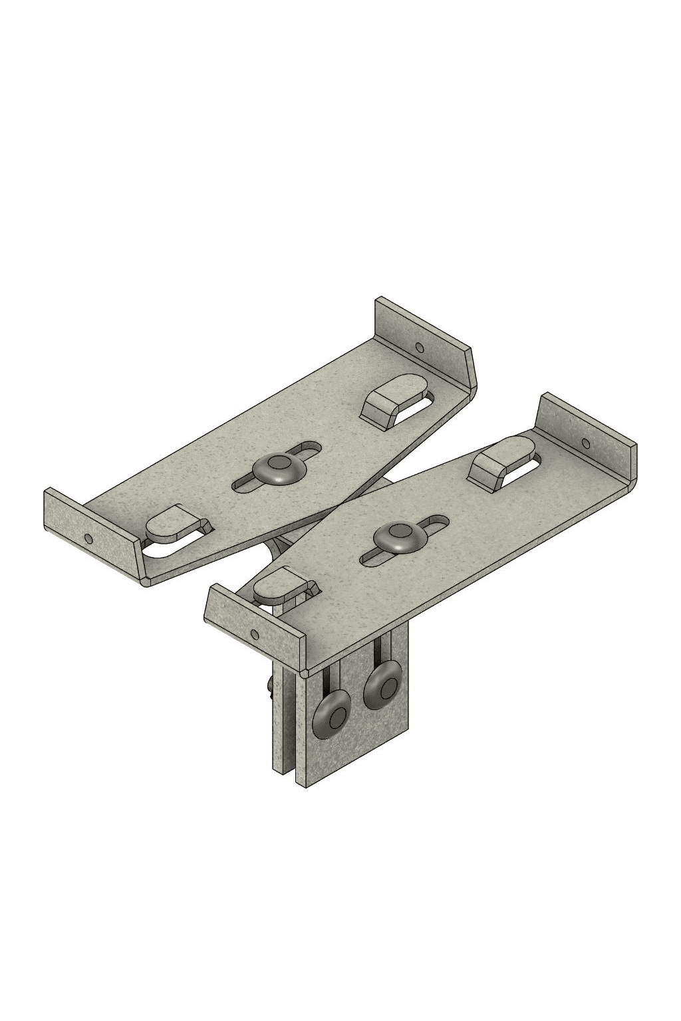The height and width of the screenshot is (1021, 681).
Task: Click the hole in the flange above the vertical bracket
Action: tap(253, 633)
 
